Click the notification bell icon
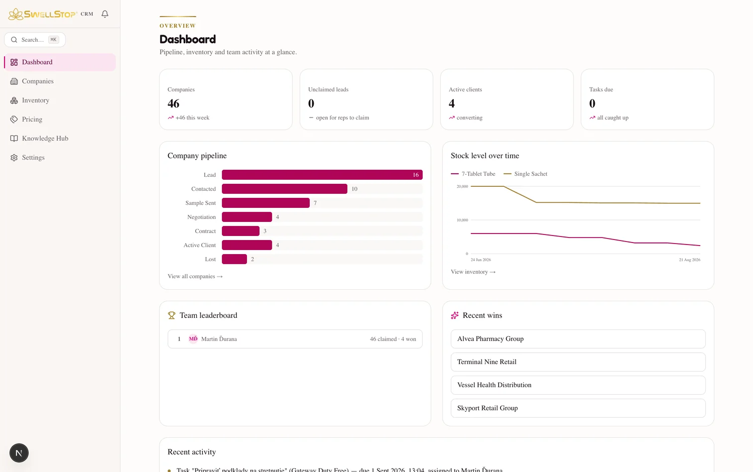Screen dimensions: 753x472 105,14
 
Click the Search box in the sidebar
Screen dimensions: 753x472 35,40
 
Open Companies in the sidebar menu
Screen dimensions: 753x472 38,81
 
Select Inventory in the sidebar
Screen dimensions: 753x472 35,100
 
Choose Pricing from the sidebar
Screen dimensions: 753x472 32,120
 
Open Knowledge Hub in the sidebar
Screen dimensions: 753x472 45,139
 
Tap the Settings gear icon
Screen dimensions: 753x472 14,158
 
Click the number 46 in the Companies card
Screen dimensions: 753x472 174,103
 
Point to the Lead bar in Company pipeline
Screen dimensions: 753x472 322,175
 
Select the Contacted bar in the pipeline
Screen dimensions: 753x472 285,189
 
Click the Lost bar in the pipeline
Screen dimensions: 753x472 234,259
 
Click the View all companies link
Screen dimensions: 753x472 195,276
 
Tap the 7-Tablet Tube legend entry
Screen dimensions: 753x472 473,174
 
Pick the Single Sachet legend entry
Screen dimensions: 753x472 526,174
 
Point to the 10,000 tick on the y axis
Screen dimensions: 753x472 462,220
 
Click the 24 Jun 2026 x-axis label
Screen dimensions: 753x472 481,260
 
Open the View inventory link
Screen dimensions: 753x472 473,272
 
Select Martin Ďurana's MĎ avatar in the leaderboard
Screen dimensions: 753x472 193,339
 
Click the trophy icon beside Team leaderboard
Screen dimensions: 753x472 172,315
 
